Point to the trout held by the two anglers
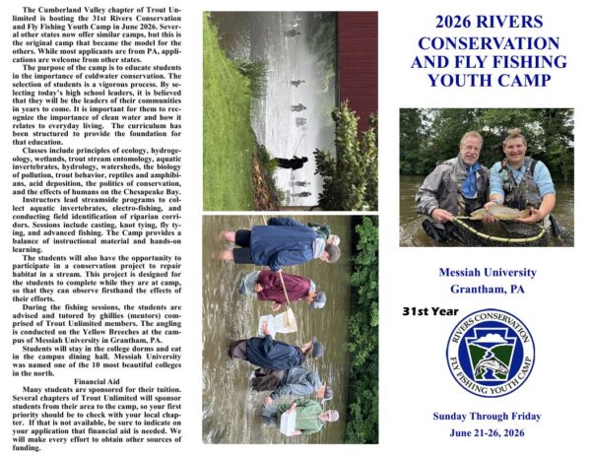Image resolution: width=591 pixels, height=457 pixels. tap(497, 213)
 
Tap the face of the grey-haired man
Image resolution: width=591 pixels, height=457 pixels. tap(470, 147)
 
